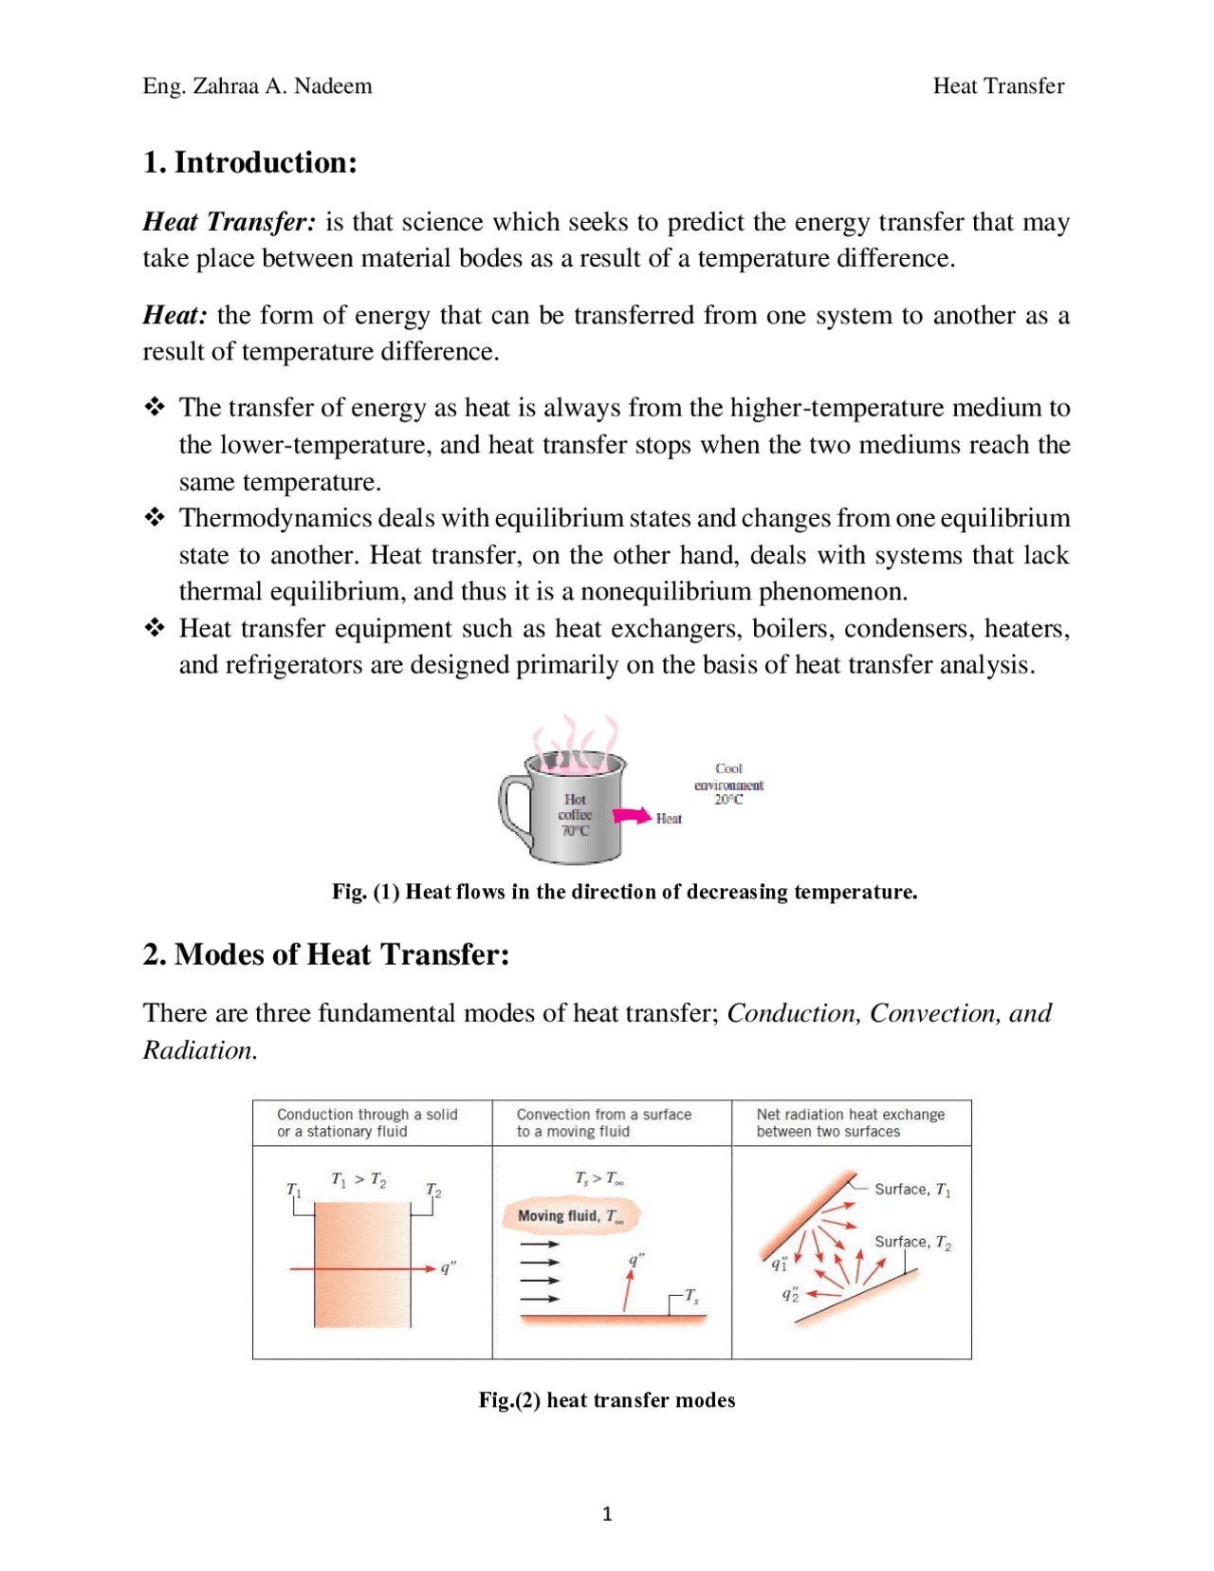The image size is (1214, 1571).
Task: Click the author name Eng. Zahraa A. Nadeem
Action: pyautogui.click(x=257, y=86)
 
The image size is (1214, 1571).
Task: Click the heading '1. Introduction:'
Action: pyautogui.click(x=249, y=162)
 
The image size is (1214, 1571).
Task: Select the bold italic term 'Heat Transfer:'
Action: pyautogui.click(x=229, y=222)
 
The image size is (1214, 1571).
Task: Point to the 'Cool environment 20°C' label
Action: pyautogui.click(x=727, y=784)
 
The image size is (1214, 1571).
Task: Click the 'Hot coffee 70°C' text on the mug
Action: pyautogui.click(x=575, y=815)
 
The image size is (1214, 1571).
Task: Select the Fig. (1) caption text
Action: pyautogui.click(x=624, y=892)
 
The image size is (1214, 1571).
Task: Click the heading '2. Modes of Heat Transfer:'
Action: pyautogui.click(x=326, y=954)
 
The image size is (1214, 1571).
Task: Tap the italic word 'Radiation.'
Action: pyautogui.click(x=200, y=1050)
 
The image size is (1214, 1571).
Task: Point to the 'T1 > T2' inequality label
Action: pyautogui.click(x=359, y=1179)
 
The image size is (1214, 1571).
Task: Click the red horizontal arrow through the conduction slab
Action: pyautogui.click(x=360, y=1268)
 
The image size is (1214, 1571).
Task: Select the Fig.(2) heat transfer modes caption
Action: pyautogui.click(x=606, y=1400)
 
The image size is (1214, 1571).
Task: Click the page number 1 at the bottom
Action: pyautogui.click(x=607, y=1514)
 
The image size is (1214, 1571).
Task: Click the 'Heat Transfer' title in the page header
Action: pyautogui.click(x=998, y=86)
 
